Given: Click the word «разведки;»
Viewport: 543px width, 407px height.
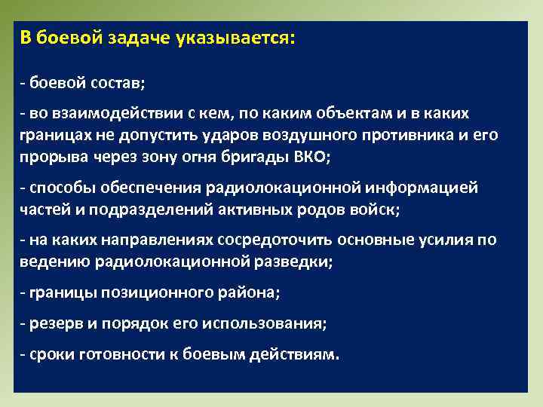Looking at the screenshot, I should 296,262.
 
